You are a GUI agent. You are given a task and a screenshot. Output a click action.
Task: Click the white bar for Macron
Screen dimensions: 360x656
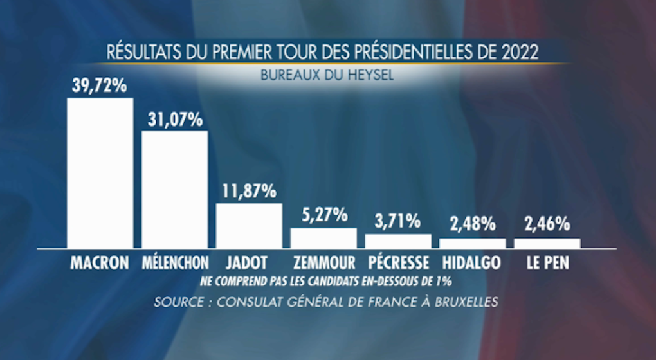(x=100, y=173)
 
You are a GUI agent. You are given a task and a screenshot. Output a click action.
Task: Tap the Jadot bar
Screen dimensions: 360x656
(x=249, y=226)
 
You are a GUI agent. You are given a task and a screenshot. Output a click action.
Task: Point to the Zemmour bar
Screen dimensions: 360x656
(x=323, y=238)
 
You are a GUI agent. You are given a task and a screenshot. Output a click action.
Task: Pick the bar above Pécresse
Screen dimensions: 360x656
(x=398, y=241)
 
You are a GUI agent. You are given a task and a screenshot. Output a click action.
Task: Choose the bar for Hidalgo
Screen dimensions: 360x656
(x=473, y=243)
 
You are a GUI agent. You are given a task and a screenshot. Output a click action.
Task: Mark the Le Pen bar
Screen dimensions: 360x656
(x=547, y=243)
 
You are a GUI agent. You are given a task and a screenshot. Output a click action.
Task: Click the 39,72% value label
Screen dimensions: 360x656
(x=100, y=85)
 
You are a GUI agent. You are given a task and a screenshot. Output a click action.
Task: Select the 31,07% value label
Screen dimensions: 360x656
(x=174, y=119)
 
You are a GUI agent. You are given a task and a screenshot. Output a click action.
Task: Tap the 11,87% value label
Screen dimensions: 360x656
(x=249, y=190)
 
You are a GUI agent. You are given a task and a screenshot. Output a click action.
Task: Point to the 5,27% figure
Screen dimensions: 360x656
(x=323, y=215)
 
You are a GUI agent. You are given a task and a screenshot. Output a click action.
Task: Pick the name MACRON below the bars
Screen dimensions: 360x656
(x=100, y=263)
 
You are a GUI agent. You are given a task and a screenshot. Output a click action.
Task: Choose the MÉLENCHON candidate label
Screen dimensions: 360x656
(x=174, y=263)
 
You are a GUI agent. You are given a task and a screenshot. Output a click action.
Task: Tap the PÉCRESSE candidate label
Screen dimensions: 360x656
(x=398, y=263)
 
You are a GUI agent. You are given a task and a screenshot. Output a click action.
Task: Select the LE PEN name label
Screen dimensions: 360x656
(x=547, y=263)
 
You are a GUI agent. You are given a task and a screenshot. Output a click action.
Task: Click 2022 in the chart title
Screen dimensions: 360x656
(x=520, y=51)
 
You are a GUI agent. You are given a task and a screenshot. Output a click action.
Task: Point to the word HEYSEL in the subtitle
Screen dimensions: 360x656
(x=369, y=75)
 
